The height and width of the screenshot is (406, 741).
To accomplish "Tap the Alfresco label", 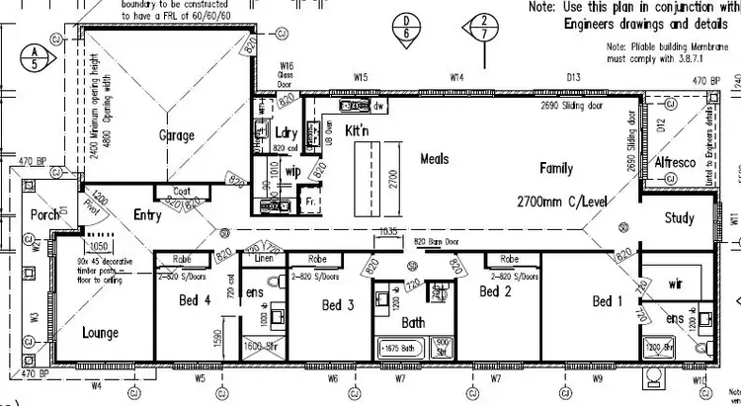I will (676, 162).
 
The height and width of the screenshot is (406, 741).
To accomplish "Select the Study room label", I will (679, 218).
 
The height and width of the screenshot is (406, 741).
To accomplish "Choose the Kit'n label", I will (356, 131).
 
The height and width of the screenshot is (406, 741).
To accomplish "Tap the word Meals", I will (435, 158).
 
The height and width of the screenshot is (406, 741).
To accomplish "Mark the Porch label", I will (45, 214).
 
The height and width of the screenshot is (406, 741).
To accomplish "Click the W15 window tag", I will (361, 76).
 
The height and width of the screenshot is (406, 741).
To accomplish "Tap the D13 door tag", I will (573, 76).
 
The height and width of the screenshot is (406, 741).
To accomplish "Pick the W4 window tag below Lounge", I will (96, 386).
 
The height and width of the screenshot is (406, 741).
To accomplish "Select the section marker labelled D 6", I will (406, 27).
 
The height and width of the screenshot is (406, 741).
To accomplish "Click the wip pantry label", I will (292, 171).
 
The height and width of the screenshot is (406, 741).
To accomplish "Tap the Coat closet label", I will (181, 192).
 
